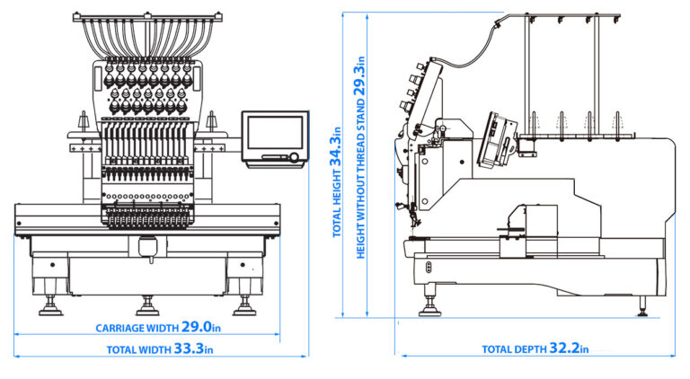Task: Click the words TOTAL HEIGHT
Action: point(338,205)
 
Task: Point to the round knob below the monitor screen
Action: point(293,158)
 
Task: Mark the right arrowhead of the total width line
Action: point(305,356)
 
